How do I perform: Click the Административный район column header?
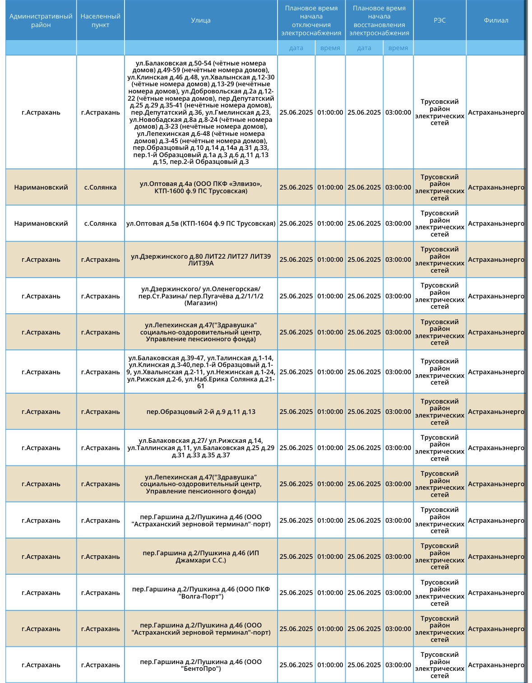coord(41,20)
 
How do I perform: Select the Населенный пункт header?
coord(100,20)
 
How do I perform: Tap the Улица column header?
coord(201,20)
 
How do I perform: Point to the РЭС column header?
coord(439,20)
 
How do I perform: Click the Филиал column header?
coord(496,20)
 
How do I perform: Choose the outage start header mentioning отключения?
coord(311,20)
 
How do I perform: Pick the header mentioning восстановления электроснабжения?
coord(379,20)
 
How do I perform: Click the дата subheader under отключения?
coord(296,48)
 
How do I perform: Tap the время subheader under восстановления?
coord(398,48)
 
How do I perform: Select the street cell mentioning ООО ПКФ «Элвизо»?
coord(201,187)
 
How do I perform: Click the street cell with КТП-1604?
coord(201,223)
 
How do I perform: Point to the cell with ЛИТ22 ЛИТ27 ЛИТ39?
coord(201,260)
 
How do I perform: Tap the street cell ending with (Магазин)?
coord(201,296)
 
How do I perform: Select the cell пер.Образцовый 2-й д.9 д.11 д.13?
coord(201,412)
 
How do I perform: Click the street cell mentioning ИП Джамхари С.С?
coord(201,557)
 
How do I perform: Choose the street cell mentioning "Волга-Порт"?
coord(201,593)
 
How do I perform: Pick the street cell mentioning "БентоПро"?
coord(201,665)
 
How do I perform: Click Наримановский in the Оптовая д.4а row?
coord(41,187)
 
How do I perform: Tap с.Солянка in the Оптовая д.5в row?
coord(100,223)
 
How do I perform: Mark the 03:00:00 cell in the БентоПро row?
coord(398,665)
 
